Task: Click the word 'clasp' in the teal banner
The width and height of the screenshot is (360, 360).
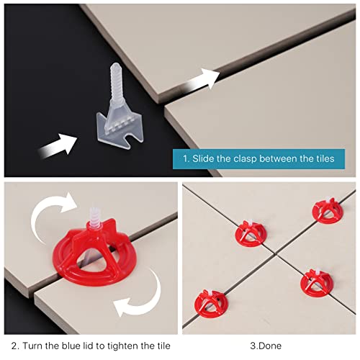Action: coord(245,159)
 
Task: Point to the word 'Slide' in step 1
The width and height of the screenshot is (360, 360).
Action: coord(203,158)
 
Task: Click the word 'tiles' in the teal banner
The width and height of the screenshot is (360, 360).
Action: coord(323,158)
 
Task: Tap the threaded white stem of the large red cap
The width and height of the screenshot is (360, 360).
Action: coord(96,216)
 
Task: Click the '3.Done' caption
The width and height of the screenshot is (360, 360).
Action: coord(266,346)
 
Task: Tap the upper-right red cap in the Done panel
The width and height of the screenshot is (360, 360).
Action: coord(328,210)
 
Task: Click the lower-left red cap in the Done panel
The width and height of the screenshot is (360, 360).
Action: coord(211,303)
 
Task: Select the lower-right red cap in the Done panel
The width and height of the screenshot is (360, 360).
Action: coord(317,283)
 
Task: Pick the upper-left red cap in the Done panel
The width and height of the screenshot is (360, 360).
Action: coord(251,233)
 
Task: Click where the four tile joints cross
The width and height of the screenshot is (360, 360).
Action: coord(276,253)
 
